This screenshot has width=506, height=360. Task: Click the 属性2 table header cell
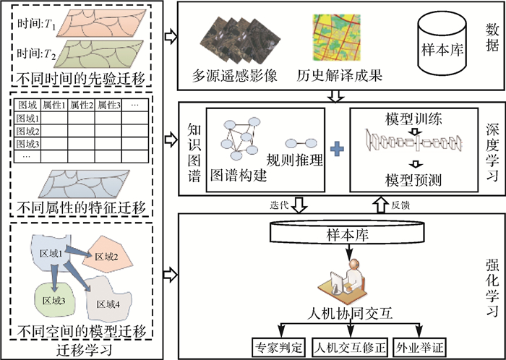[x=81, y=106]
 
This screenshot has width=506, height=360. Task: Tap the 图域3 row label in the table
[x=27, y=143]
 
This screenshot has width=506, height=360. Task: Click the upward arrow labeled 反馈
[x=382, y=206]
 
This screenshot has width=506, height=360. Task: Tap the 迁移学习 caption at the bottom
[x=85, y=351]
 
